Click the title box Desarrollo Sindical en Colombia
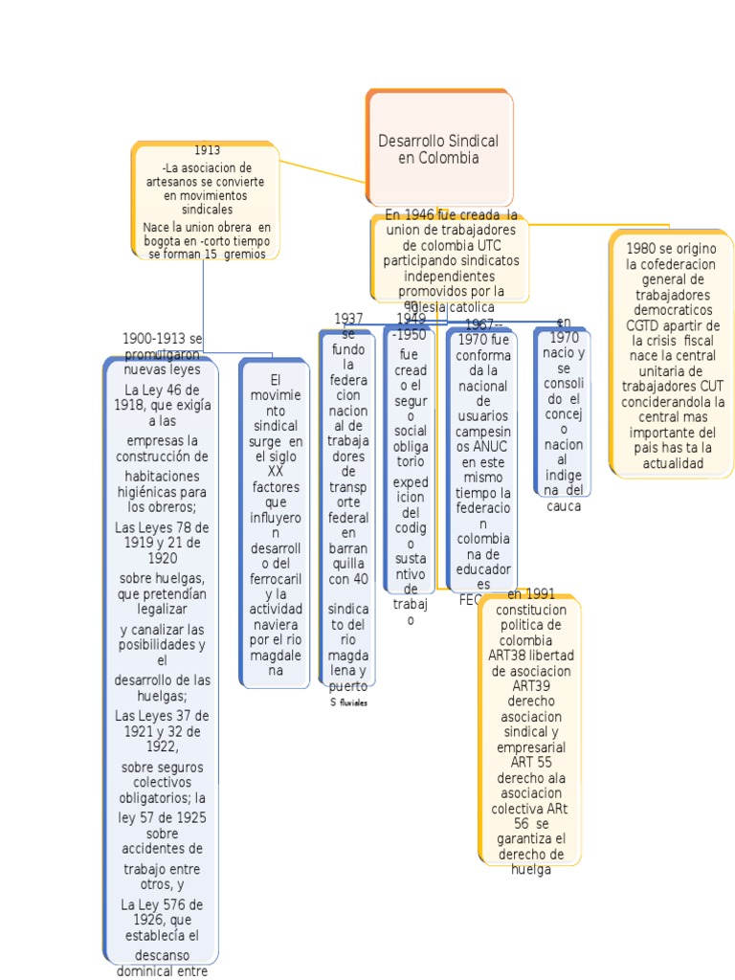click(x=438, y=149)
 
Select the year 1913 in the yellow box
click(x=207, y=150)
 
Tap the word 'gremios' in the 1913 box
click(x=245, y=254)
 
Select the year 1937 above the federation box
click(x=348, y=319)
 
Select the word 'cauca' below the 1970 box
click(x=564, y=506)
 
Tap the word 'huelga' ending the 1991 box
click(x=531, y=870)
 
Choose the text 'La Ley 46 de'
click(x=162, y=390)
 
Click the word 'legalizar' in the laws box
click(x=161, y=609)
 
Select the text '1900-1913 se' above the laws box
click(x=162, y=339)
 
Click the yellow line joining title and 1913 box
click(x=323, y=171)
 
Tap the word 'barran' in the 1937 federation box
click(x=348, y=548)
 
